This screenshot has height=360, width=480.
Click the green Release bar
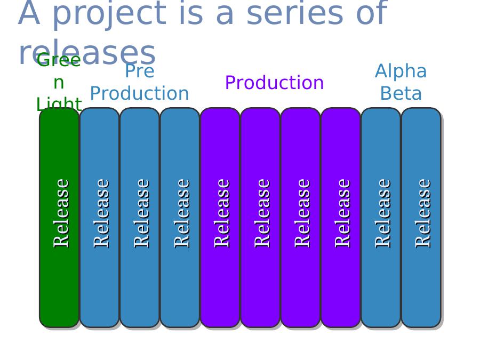coord(59,218)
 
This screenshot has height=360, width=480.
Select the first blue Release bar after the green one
coord(100,218)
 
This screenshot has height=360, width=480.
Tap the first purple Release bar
coord(220,218)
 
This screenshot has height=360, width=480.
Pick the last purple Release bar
coord(341,218)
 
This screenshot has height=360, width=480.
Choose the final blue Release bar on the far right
coord(421,218)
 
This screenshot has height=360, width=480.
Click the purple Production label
coord(274,83)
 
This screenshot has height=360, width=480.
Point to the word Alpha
coord(401,71)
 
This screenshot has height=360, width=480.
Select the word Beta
coord(401,93)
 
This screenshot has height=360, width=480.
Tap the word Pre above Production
coord(140,71)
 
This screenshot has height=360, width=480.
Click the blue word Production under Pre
coord(139,93)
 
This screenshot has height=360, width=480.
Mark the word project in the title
coord(110,14)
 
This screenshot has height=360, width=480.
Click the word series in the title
coord(295,13)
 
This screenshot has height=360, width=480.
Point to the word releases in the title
coord(87,53)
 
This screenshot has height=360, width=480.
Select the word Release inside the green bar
coord(61,213)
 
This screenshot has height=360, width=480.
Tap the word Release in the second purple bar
coord(262,213)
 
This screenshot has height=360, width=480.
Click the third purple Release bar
coord(301,218)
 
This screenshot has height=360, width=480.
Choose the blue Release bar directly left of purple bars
coord(180,218)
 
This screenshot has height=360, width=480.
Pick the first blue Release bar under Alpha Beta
coord(381,218)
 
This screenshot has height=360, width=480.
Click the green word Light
coord(59,103)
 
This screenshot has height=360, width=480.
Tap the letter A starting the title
coord(29,13)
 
